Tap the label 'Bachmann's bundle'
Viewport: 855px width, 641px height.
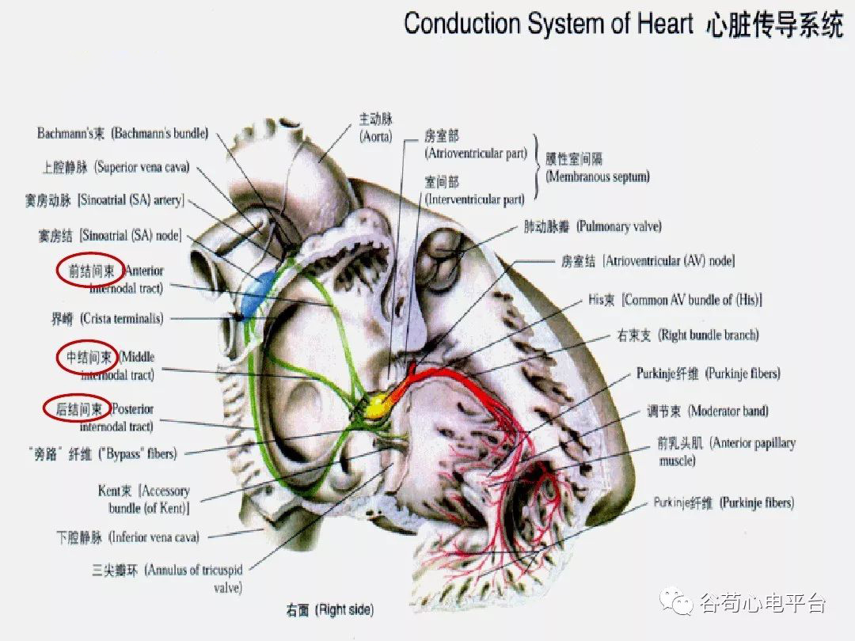[x=123, y=134]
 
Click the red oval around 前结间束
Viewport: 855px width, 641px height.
[x=89, y=271]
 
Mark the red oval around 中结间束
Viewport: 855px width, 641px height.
[x=87, y=358]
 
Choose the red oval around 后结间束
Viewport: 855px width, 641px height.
[x=76, y=408]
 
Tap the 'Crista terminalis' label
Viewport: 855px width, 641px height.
[x=107, y=319]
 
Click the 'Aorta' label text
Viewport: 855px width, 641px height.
[x=375, y=128]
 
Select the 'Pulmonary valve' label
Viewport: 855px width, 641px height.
[x=592, y=227]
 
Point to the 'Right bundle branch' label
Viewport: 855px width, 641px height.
[x=687, y=336]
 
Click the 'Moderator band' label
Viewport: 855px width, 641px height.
[x=707, y=412]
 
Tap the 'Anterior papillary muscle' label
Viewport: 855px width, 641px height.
[x=726, y=451]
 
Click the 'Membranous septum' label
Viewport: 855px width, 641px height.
[x=597, y=168]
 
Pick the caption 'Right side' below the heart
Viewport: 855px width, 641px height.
[x=329, y=610]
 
